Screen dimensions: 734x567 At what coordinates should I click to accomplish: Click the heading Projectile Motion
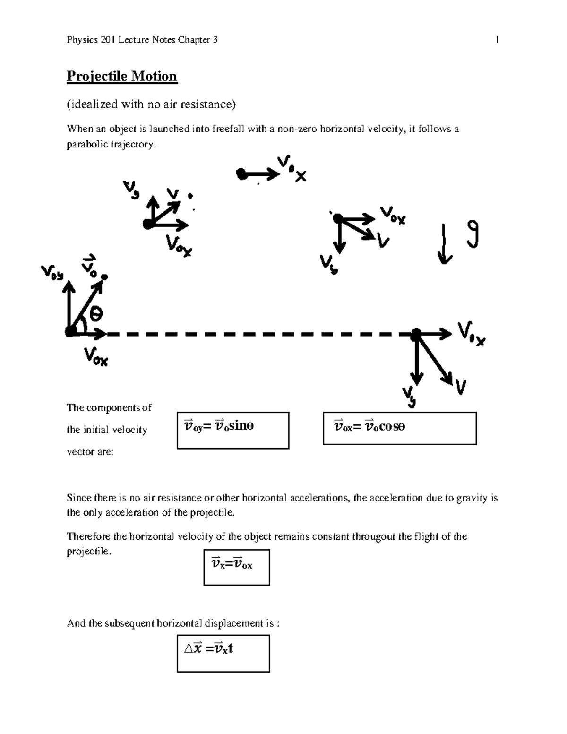click(x=122, y=76)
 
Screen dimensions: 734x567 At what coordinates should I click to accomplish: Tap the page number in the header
click(x=498, y=40)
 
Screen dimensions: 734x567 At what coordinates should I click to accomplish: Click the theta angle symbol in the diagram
click(x=96, y=313)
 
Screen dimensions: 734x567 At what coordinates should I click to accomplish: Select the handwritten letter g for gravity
click(x=472, y=235)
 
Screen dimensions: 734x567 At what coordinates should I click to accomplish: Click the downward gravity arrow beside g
click(x=444, y=244)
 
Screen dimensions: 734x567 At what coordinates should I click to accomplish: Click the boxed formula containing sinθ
click(x=233, y=430)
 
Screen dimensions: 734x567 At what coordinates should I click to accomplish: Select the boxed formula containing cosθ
click(x=399, y=428)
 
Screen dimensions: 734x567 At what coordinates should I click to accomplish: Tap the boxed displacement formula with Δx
click(x=223, y=653)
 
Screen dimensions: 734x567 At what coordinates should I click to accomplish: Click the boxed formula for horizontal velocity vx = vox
click(x=236, y=567)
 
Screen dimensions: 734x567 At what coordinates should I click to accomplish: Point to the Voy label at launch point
click(x=52, y=273)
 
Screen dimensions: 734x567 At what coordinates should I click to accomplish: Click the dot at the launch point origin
click(x=70, y=332)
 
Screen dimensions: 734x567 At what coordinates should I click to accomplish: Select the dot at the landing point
click(x=416, y=335)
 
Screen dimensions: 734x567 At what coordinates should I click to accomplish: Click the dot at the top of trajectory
click(x=241, y=174)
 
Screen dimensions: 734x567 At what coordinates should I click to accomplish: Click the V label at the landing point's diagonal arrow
click(x=461, y=388)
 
